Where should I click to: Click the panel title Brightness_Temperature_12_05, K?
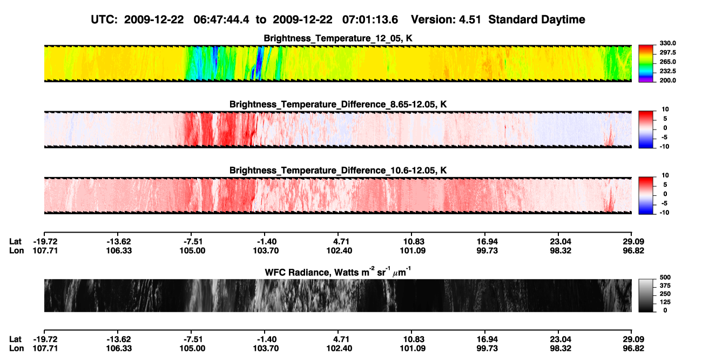tap(338, 38)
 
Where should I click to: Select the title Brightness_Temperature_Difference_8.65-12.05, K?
tap(338, 104)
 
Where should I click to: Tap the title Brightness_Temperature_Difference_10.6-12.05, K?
tap(338, 171)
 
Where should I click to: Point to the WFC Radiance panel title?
tap(338, 271)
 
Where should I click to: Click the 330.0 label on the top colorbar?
tap(667, 43)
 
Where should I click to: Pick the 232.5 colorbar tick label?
tap(667, 71)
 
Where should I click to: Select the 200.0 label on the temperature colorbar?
tap(667, 80)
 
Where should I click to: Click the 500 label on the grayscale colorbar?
tap(665, 277)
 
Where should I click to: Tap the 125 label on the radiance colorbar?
tap(665, 302)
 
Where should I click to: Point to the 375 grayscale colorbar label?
tap(665, 286)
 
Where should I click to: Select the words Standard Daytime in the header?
tap(537, 19)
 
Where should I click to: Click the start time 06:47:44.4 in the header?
tap(221, 19)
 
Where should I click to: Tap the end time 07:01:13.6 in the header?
tap(370, 19)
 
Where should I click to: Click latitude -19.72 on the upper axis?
tap(45, 242)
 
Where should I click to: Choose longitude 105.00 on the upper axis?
tap(192, 250)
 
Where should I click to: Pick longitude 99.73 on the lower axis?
tap(487, 349)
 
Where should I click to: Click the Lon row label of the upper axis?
tap(16, 250)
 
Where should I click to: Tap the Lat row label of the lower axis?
tap(15, 339)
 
